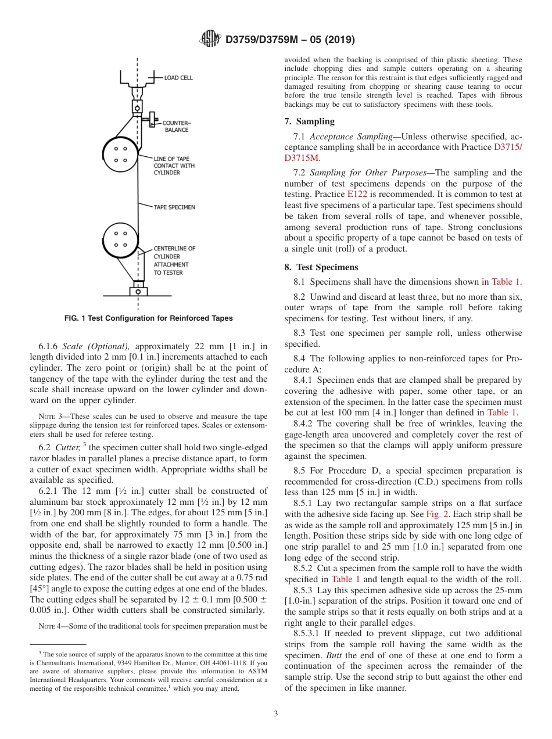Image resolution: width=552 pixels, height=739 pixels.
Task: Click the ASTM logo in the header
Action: pyautogui.click(x=210, y=39)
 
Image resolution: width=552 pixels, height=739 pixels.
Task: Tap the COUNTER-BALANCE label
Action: pyautogui.click(x=176, y=126)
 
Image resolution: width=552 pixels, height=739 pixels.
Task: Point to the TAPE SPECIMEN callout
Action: pyautogui.click(x=174, y=206)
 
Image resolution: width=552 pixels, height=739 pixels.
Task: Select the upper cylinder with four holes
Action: pyautogui.click(x=121, y=154)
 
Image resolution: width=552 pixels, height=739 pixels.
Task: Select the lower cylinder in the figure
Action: pyautogui.click(x=121, y=239)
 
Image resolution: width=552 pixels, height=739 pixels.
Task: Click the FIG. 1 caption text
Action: pyautogui.click(x=148, y=318)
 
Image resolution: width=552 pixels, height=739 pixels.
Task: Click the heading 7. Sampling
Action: pyautogui.click(x=309, y=121)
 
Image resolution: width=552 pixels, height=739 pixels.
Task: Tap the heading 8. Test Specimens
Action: pyautogui.click(x=321, y=267)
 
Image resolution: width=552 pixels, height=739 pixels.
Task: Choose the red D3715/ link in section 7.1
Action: pyautogui.click(x=507, y=147)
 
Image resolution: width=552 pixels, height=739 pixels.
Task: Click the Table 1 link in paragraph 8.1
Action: pyautogui.click(x=506, y=282)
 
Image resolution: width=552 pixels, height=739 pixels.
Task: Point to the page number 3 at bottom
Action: pyautogui.click(x=276, y=714)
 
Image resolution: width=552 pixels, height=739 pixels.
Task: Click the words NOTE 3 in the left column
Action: pyautogui.click(x=50, y=417)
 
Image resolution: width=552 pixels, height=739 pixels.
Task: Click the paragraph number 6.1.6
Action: pyautogui.click(x=48, y=346)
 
